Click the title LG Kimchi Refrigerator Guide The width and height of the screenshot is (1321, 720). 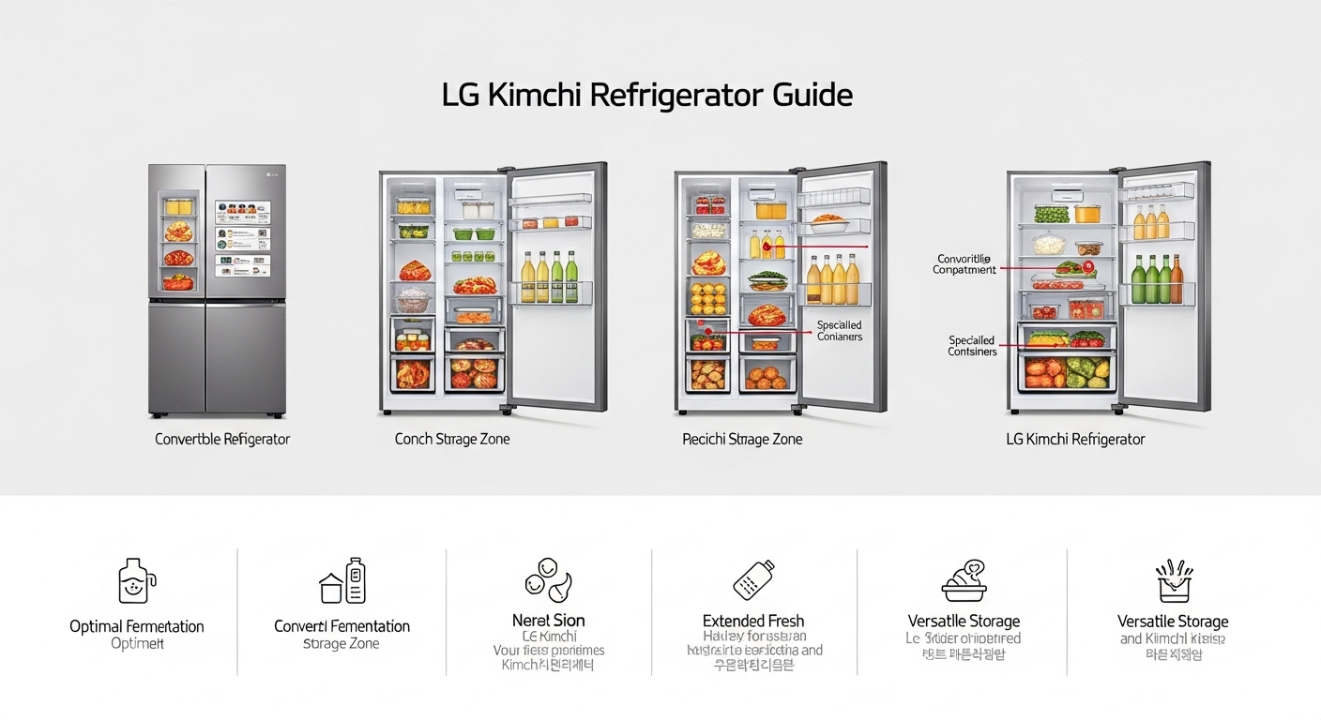coord(646,96)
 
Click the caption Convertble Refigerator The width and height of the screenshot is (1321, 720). coord(222,439)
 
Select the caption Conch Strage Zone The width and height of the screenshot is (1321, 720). coord(452,439)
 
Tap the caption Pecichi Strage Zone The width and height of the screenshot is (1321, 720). coord(742,439)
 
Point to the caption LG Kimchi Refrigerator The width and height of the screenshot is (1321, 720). coord(1075,439)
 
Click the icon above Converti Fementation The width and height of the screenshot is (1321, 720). coord(342,581)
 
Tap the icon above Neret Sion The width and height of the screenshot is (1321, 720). coord(548,579)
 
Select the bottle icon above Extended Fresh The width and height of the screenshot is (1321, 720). coord(753,580)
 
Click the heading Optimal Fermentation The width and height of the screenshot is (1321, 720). coord(137,626)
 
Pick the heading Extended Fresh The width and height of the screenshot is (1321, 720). coord(753,621)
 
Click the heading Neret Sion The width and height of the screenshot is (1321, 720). coord(549,621)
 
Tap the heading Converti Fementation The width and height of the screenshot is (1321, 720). coord(342,626)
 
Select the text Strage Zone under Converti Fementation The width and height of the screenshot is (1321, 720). coord(342,644)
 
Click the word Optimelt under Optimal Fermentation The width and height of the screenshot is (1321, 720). coord(137,644)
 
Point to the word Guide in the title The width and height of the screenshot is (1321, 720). coord(812,96)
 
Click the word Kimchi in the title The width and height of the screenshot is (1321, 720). coord(534,96)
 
